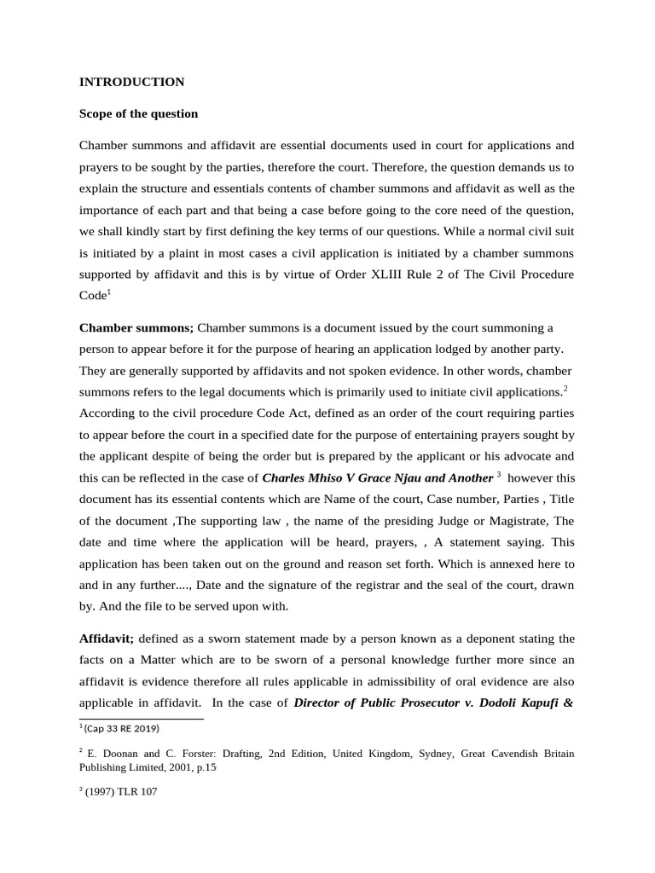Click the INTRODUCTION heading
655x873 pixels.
(131, 83)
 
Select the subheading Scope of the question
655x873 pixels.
(138, 113)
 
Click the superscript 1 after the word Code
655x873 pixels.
(109, 292)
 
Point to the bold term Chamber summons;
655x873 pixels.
(136, 328)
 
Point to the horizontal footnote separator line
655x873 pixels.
(141, 718)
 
